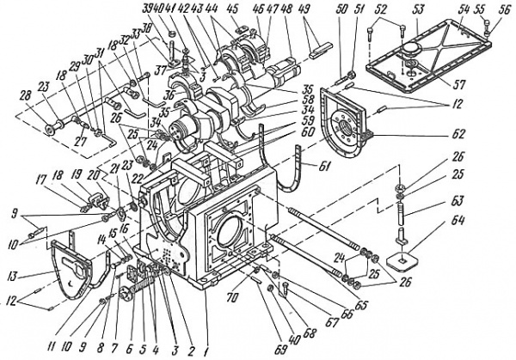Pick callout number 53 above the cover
click(x=419, y=9)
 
